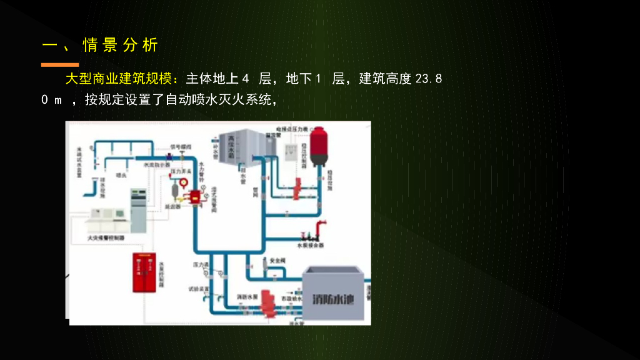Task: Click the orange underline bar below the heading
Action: (60, 64)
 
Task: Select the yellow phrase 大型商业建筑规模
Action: (122, 79)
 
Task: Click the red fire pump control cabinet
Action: (145, 272)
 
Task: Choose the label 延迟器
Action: (172, 205)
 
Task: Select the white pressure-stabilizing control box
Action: (291, 157)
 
